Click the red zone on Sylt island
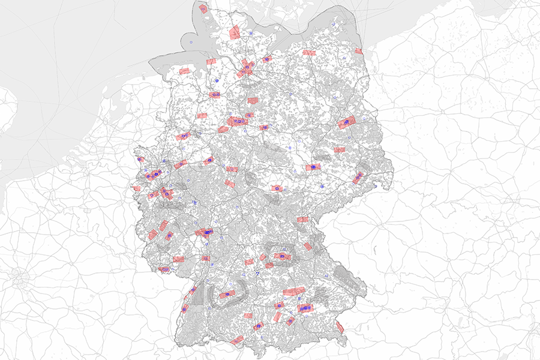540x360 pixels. [x=203, y=9]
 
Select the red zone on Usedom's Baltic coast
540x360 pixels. [x=358, y=52]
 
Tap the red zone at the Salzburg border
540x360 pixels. [x=340, y=327]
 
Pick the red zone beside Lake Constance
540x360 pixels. [x=238, y=340]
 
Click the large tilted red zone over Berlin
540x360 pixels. [x=346, y=122]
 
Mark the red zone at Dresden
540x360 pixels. [x=358, y=178]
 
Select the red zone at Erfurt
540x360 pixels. [x=277, y=188]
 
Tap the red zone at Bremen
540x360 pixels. [x=214, y=95]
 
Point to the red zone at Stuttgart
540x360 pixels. [x=227, y=295]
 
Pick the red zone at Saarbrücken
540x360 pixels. [x=164, y=269]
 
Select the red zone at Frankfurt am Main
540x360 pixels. [x=205, y=232]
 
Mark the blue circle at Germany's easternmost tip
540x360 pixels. [x=375, y=187]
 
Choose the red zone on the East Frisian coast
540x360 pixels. [x=184, y=71]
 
